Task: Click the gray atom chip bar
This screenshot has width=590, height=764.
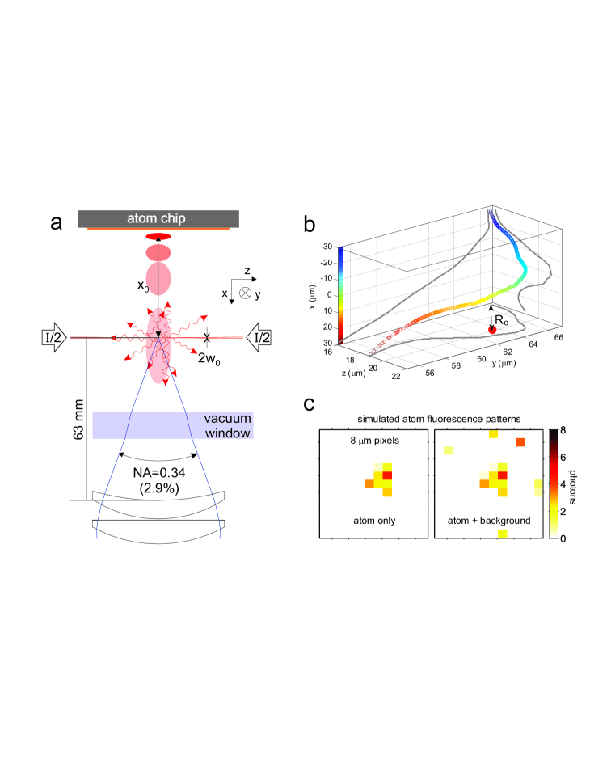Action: (158, 218)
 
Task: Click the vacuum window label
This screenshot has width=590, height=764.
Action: (227, 426)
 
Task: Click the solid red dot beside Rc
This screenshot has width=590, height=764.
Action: (491, 327)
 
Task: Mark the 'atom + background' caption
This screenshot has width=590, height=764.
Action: (482, 521)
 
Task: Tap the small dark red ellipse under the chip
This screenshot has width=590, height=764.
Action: (158, 237)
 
